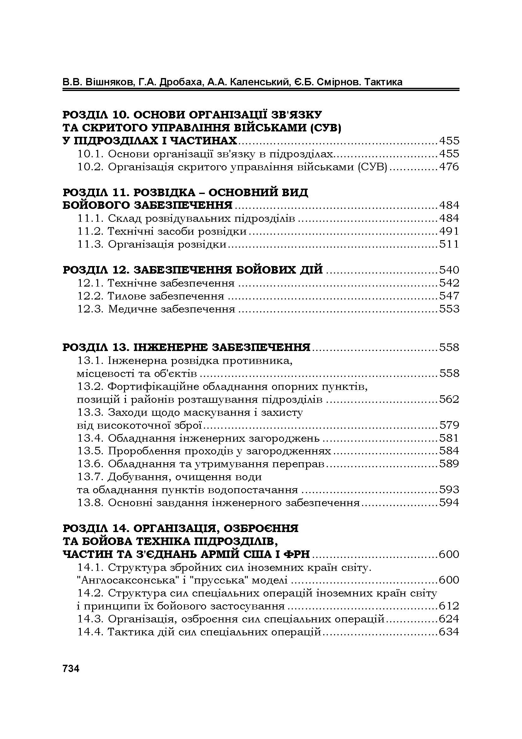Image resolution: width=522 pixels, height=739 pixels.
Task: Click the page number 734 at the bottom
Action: tap(71, 669)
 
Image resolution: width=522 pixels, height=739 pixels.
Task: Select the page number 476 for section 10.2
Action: tap(449, 167)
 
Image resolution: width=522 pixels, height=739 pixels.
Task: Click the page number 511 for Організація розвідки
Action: tap(449, 244)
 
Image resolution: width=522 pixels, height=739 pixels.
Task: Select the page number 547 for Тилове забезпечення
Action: tap(449, 296)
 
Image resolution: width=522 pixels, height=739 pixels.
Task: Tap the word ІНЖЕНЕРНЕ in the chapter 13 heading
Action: tap(171, 348)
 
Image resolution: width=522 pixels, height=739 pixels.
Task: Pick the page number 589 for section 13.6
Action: tap(449, 464)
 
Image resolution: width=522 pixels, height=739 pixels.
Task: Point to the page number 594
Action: tap(449, 503)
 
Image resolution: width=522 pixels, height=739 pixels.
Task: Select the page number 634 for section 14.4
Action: tap(449, 632)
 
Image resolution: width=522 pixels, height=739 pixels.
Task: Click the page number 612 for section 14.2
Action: tap(449, 606)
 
